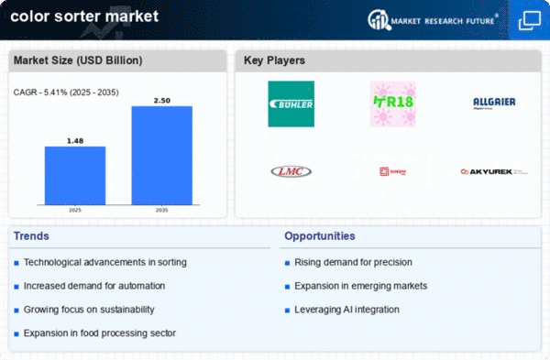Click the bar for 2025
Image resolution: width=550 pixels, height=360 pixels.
(74, 176)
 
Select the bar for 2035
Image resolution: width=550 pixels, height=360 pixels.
(161, 155)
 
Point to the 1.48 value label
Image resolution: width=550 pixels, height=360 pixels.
(74, 140)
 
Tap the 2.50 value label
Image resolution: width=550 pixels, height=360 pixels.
(161, 99)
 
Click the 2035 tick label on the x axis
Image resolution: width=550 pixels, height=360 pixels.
(161, 210)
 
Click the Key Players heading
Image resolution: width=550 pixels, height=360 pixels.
(274, 60)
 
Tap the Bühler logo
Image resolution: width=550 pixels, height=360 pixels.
(291, 104)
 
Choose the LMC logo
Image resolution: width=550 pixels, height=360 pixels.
(291, 171)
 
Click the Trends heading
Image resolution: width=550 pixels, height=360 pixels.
(33, 236)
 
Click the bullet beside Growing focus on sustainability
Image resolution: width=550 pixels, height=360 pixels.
(16, 310)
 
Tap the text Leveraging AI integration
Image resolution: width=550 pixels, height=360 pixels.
(346, 310)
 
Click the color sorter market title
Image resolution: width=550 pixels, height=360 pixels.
(82, 16)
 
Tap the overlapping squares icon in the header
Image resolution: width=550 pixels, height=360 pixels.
(529, 19)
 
